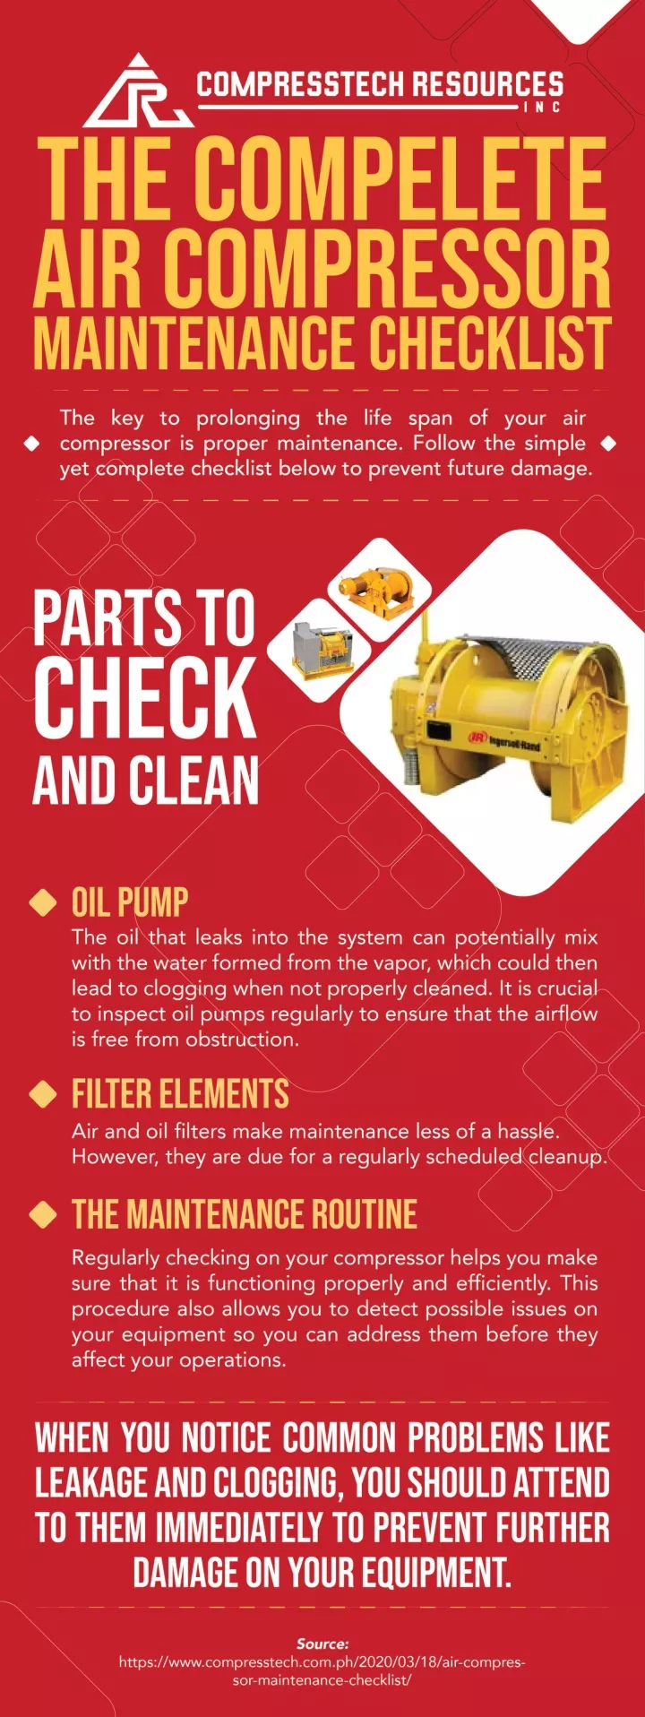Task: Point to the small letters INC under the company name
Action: point(543,108)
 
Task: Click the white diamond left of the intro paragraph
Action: point(32,444)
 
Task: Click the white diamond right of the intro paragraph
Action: point(609,443)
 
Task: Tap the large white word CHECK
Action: point(145,697)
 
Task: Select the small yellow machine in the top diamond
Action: point(378,590)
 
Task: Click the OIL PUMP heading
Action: point(130,902)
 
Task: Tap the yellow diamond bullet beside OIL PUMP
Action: point(43,902)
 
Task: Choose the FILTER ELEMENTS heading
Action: point(180,1094)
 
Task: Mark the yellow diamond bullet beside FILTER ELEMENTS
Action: point(43,1094)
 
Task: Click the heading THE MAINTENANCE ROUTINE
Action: point(245,1214)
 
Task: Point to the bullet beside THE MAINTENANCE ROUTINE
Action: point(43,1214)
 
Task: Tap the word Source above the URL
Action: point(322,1644)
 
